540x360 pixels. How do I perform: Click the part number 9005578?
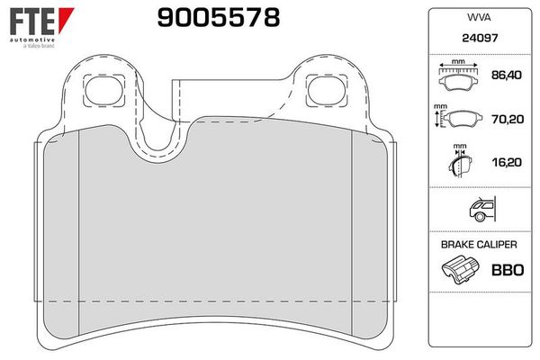(x=219, y=18)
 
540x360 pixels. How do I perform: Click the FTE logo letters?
(x=32, y=21)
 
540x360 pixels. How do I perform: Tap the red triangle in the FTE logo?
(x=66, y=20)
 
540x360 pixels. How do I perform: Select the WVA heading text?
(x=479, y=17)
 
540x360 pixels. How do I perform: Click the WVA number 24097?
(x=480, y=38)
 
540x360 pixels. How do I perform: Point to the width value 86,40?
(x=506, y=75)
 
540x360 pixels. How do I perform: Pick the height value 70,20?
(x=508, y=119)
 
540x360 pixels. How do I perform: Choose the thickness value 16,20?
(x=507, y=162)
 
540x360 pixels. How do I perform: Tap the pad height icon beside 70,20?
(x=458, y=118)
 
